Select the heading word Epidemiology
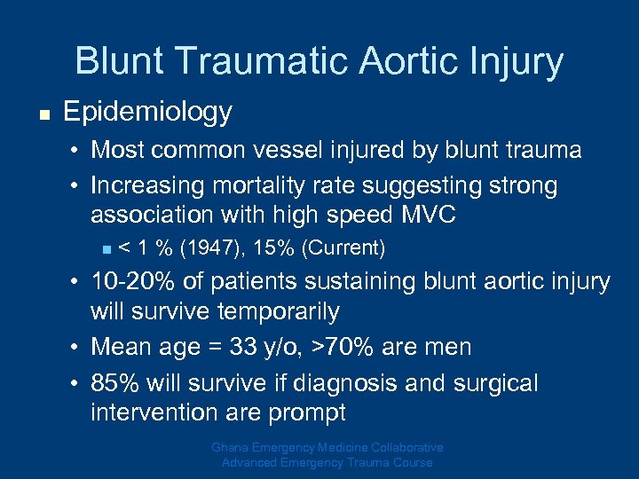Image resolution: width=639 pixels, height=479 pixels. coord(147,112)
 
